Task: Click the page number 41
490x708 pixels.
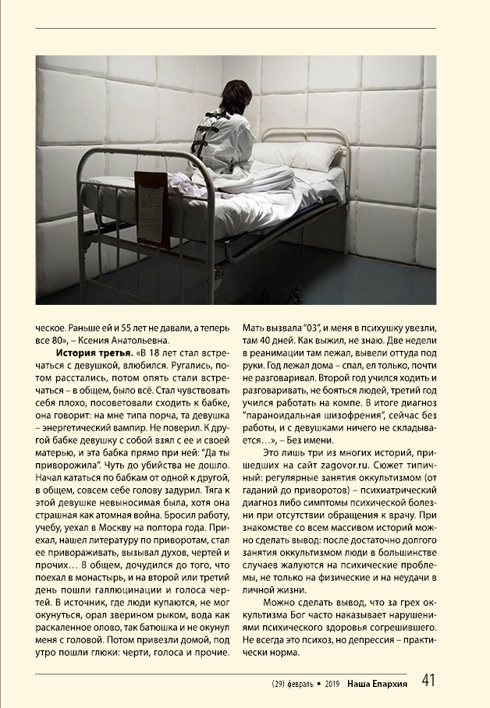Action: [x=428, y=680]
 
